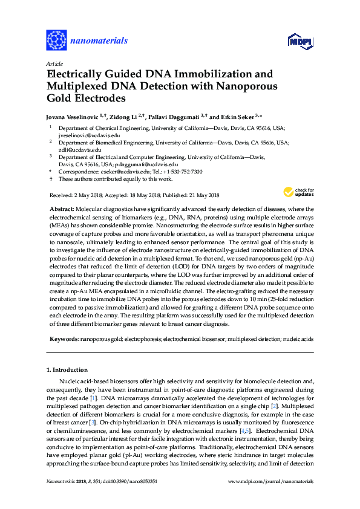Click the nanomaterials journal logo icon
[56, 41]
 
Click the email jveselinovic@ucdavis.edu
[89, 135]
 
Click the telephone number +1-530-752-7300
[182, 171]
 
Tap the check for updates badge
[295, 192]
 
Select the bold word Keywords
[64, 339]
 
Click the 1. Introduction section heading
[67, 369]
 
